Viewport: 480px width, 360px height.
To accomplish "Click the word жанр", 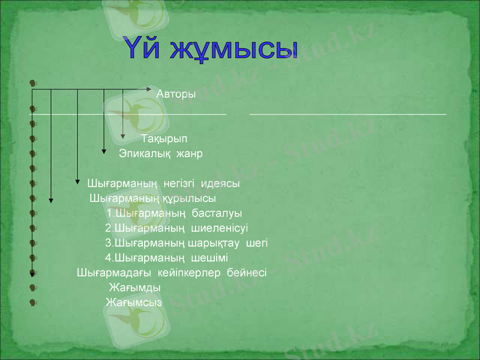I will [x=189, y=154].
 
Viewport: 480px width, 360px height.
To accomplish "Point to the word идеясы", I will [x=221, y=184].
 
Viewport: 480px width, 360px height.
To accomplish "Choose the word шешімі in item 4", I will [x=209, y=258].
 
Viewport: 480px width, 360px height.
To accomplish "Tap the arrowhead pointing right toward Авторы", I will [x=150, y=89].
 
